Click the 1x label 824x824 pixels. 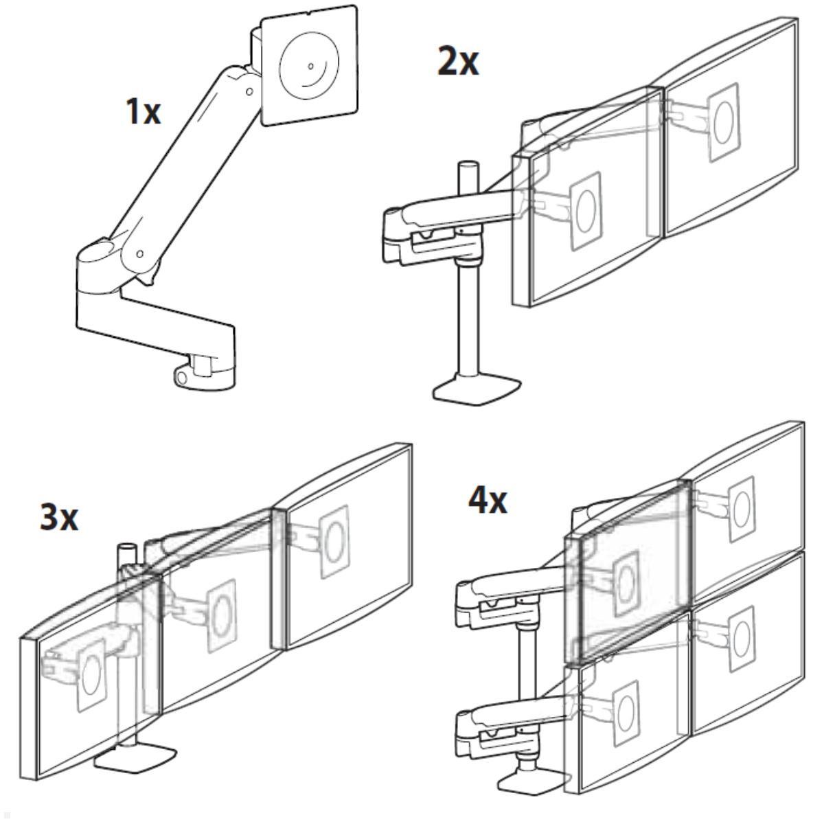[144, 111]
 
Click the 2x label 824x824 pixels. [458, 62]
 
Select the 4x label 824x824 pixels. [488, 501]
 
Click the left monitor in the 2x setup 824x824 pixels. [587, 206]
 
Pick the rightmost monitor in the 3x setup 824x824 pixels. [347, 542]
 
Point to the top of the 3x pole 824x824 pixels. [126, 549]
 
